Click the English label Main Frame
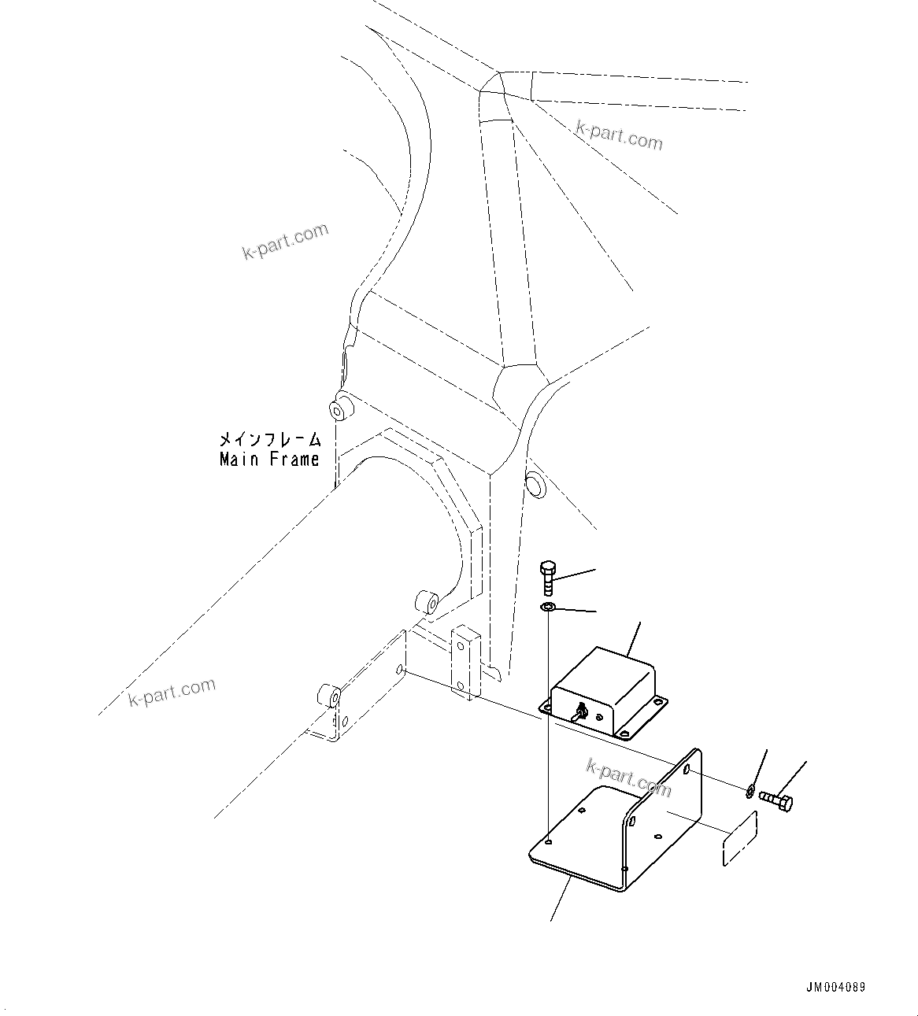tap(269, 459)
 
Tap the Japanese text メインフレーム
tap(270, 439)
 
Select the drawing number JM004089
tap(835, 988)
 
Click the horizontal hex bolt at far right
tap(777, 801)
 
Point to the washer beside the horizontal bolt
tap(750, 789)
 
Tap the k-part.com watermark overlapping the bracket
tap(628, 776)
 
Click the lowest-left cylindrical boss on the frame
tap(328, 696)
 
